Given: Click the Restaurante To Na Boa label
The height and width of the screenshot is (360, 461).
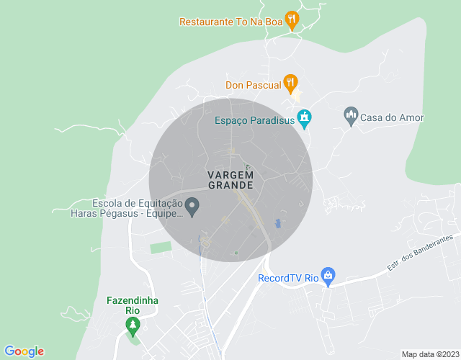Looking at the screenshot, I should tap(230, 22).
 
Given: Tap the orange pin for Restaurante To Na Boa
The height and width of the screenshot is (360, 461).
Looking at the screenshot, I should tap(291, 19).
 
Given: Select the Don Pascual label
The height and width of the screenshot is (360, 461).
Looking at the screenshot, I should tap(253, 85).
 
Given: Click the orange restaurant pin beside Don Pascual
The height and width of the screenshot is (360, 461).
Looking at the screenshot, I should tap(290, 83).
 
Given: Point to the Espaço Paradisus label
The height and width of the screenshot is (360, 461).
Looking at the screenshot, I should tap(255, 120).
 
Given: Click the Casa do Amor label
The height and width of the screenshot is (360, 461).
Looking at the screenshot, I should tap(392, 117).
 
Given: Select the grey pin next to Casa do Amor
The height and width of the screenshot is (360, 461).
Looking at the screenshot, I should tap(351, 115).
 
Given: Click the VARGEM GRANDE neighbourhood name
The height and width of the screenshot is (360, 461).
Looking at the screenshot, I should tap(230, 180).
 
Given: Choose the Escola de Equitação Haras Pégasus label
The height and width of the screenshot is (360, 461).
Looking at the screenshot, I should tap(127, 208).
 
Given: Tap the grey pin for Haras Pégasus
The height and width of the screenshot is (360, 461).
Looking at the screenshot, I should tap(192, 207).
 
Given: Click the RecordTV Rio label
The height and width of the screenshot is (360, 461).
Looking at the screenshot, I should tap(288, 278).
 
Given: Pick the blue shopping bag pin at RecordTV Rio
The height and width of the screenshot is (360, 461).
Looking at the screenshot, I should tap(328, 276).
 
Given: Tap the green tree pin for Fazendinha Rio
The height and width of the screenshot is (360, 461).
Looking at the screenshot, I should tap(132, 326).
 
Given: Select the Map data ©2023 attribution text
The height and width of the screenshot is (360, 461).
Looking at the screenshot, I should tap(429, 354).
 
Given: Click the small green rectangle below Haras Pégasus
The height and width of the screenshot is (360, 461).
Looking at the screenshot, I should tap(161, 248).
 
